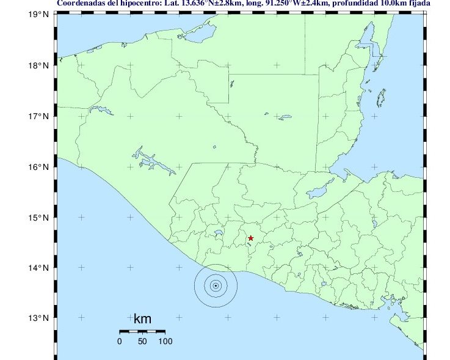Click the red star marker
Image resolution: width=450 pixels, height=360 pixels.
click(x=250, y=238)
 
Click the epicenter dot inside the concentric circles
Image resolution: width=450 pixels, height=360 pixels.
click(x=216, y=285)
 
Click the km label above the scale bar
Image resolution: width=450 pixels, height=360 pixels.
click(x=142, y=319)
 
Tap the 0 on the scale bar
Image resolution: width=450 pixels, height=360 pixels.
click(x=120, y=341)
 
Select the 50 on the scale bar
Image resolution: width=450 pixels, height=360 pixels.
click(x=142, y=341)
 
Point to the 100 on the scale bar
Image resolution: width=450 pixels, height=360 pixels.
click(x=165, y=341)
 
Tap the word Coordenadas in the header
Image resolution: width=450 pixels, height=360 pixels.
click(x=82, y=4)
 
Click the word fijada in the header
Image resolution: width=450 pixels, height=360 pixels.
click(x=419, y=4)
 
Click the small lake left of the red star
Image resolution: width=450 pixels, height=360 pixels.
click(x=218, y=233)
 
